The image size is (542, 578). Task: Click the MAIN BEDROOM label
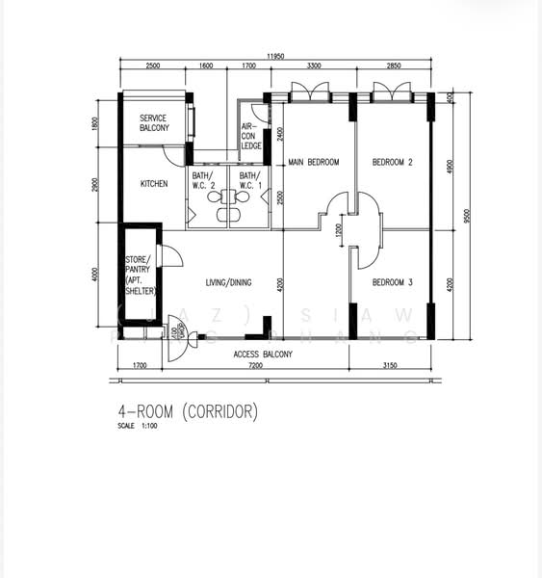click(x=314, y=163)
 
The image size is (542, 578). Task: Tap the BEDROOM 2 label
click(x=393, y=163)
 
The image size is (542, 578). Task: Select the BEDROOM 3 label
click(x=393, y=281)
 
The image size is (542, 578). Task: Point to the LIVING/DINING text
click(x=228, y=282)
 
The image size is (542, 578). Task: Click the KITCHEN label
click(x=154, y=183)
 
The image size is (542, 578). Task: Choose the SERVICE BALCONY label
click(x=154, y=123)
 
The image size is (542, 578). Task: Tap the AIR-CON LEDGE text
click(x=249, y=136)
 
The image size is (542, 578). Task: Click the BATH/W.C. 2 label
click(x=203, y=180)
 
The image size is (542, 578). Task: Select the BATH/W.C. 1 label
click(x=250, y=180)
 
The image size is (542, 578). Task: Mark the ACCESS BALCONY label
click(x=263, y=355)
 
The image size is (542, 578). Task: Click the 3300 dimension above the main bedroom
click(x=314, y=66)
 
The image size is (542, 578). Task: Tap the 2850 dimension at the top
click(x=393, y=66)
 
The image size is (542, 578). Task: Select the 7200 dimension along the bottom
click(x=255, y=367)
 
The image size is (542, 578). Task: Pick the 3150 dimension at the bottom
click(x=390, y=367)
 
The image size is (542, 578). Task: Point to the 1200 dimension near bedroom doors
click(x=338, y=230)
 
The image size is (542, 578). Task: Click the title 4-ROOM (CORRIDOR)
click(x=188, y=411)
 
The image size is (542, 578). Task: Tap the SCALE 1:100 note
click(x=138, y=426)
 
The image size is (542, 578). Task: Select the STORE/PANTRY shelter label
click(x=141, y=276)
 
